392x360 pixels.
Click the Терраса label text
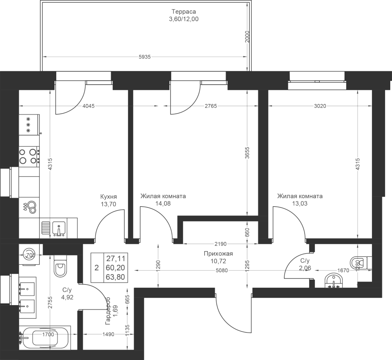[x=183, y=12]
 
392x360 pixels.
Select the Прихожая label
[x=218, y=254]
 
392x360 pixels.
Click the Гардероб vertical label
[x=108, y=311]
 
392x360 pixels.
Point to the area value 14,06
[x=163, y=203]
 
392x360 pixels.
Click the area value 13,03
[x=300, y=203]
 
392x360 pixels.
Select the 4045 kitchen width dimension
[x=89, y=106]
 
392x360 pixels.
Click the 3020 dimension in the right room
[x=320, y=106]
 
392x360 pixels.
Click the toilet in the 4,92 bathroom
[x=60, y=267]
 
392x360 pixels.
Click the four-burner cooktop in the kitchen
[x=29, y=156]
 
